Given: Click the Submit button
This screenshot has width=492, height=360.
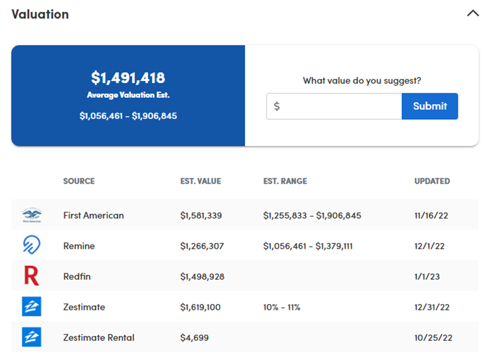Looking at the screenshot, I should (430, 106).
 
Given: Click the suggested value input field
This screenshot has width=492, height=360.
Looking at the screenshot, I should (334, 106).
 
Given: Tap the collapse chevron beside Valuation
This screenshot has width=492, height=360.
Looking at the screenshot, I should (473, 14).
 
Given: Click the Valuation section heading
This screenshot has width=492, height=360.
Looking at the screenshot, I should (40, 14).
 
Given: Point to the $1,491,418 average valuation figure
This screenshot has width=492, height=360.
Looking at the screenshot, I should (128, 78).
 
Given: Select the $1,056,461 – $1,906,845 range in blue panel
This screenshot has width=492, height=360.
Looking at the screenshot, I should (128, 116).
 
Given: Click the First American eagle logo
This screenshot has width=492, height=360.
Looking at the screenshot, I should (32, 215).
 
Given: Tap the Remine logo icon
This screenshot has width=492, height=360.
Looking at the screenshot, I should (32, 246).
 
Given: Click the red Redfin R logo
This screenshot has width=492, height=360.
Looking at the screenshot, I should (31, 276).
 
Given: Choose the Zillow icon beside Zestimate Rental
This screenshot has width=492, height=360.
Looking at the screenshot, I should (32, 337).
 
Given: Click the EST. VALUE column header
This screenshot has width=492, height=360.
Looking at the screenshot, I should (200, 181).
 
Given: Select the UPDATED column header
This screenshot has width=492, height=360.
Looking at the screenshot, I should (432, 181).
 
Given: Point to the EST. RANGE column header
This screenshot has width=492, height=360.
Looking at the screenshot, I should (285, 181).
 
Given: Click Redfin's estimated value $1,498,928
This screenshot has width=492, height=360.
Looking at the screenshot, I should (202, 277).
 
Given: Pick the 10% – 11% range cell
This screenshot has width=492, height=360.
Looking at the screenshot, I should (282, 307).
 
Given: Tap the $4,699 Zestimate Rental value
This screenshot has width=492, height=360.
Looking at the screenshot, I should (194, 337).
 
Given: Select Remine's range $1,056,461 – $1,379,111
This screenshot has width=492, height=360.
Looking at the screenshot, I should (308, 246).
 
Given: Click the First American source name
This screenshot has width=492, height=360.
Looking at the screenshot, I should (93, 215).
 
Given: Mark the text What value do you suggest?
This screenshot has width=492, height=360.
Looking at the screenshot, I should (362, 80).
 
